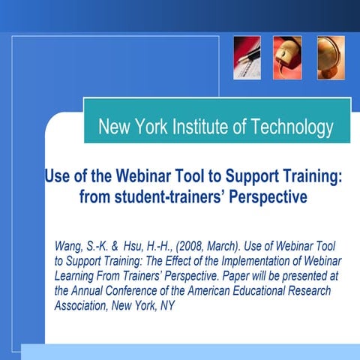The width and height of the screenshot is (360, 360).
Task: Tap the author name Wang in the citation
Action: pos(70,247)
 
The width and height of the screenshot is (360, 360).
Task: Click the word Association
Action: pos(84,306)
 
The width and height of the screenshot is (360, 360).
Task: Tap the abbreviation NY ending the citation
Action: pos(167,306)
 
